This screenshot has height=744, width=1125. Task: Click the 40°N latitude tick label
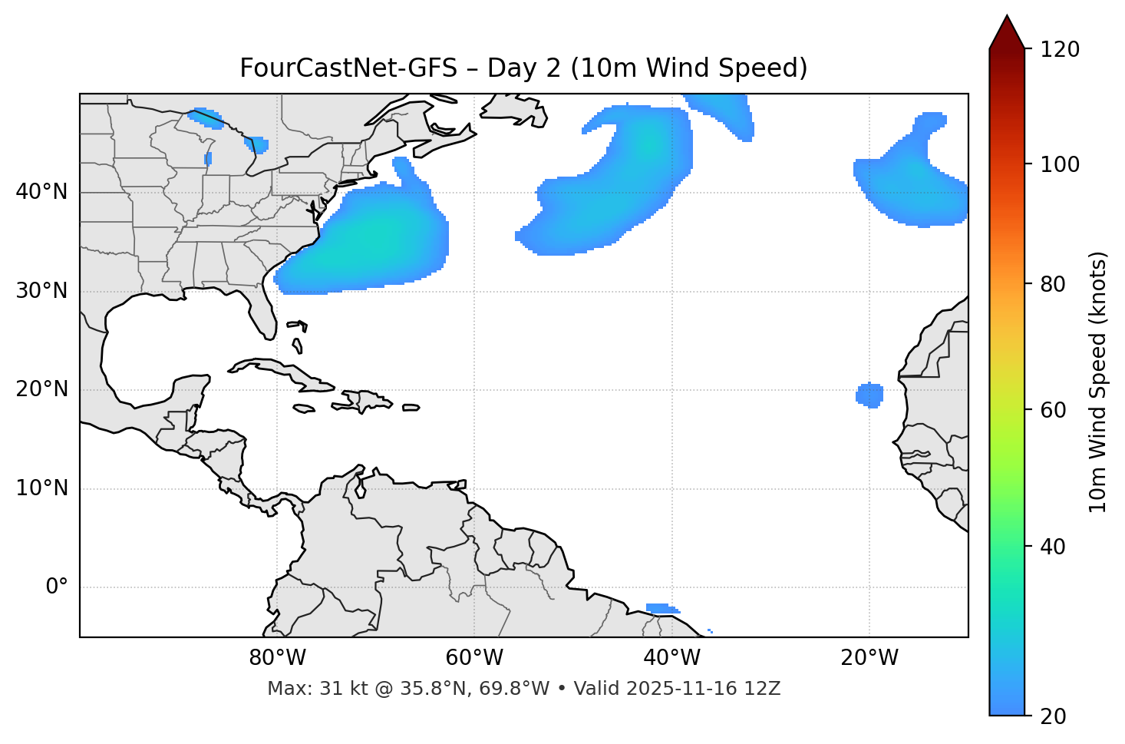pyautogui.click(x=41, y=192)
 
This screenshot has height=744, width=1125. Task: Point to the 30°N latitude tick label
pyautogui.click(x=41, y=291)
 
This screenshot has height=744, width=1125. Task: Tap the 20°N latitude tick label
pyautogui.click(x=41, y=389)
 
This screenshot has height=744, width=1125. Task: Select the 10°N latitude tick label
pyautogui.click(x=41, y=488)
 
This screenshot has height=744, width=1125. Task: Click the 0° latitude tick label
pyautogui.click(x=57, y=587)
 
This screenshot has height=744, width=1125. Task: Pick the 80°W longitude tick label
pyautogui.click(x=277, y=658)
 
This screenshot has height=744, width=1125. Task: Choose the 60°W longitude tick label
pyautogui.click(x=474, y=658)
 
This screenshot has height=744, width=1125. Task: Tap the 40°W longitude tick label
pyautogui.click(x=671, y=658)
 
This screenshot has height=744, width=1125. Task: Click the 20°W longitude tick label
pyautogui.click(x=869, y=658)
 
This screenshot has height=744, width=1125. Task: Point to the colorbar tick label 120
pyautogui.click(x=1059, y=50)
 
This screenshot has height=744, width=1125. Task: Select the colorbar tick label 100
pyautogui.click(x=1059, y=164)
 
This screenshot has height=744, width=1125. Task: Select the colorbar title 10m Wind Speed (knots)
pyautogui.click(x=1098, y=382)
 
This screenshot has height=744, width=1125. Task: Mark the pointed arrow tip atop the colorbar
pyautogui.click(x=1007, y=17)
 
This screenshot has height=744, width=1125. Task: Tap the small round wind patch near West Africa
pyautogui.click(x=869, y=395)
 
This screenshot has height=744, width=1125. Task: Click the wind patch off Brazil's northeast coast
pyautogui.click(x=661, y=609)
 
